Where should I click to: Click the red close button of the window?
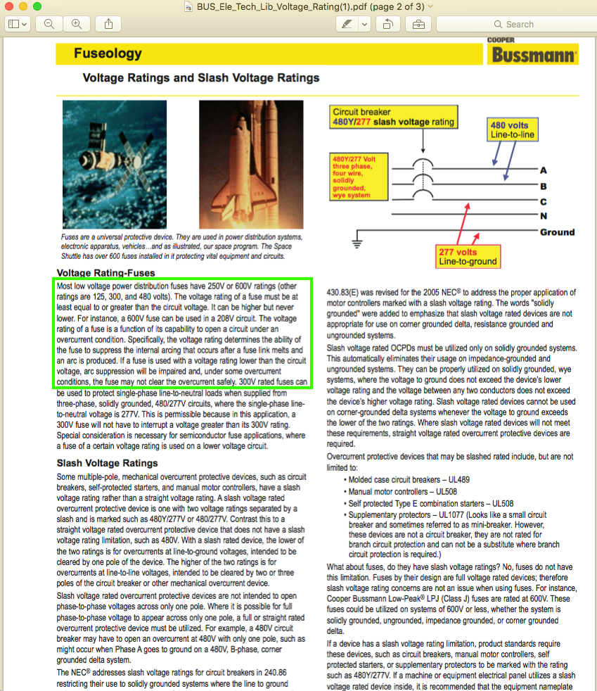9,6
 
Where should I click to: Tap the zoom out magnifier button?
49,24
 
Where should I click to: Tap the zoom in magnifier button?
76,24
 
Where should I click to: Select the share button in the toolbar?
108,24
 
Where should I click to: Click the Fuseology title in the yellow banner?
108,53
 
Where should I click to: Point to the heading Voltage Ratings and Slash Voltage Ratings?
201,78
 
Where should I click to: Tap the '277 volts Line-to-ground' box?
468,257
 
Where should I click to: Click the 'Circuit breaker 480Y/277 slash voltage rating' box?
394,117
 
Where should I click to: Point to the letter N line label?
544,216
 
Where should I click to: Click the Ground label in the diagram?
557,232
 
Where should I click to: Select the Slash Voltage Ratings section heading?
108,463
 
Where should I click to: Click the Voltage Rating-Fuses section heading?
106,273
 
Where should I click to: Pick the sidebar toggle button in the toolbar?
18,24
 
